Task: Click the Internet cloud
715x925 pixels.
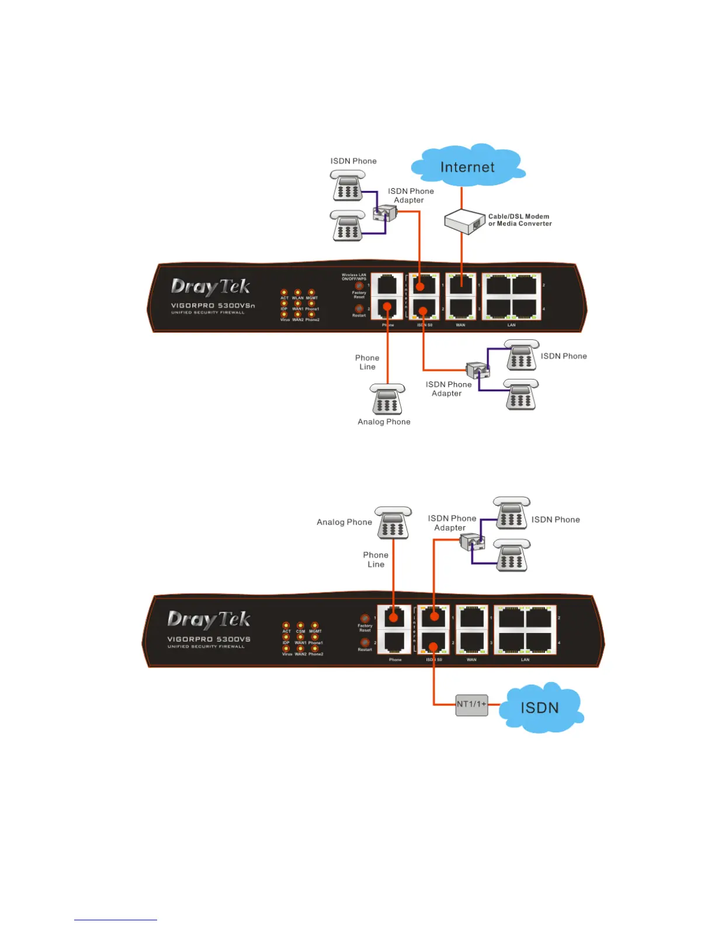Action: [x=467, y=166]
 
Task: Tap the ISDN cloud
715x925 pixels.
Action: [x=540, y=707]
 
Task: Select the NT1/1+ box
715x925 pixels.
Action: [x=471, y=704]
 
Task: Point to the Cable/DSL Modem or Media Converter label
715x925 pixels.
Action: [x=520, y=220]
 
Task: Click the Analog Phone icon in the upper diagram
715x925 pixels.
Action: [x=387, y=399]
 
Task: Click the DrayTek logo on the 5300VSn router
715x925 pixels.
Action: [x=210, y=287]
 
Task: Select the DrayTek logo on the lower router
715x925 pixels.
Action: [x=209, y=620]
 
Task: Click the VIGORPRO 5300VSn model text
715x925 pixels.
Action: [x=213, y=305]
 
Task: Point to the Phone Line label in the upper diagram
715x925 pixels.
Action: [x=367, y=362]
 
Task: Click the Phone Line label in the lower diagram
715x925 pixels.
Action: [x=376, y=559]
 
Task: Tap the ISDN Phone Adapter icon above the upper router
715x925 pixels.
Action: [x=385, y=213]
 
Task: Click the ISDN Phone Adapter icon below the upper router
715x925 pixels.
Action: [x=478, y=370]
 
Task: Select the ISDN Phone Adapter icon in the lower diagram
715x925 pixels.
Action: [x=473, y=543]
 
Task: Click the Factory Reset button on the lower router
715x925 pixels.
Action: [x=365, y=618]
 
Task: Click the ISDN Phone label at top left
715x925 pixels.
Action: [x=353, y=161]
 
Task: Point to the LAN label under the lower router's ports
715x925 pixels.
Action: [x=525, y=660]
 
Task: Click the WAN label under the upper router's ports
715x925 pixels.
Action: [x=460, y=325]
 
